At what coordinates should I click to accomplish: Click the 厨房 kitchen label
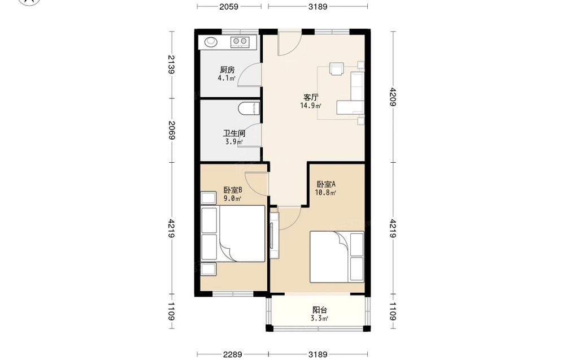[227, 70]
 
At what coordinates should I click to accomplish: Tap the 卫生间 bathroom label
[234, 133]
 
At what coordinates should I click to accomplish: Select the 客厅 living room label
[311, 97]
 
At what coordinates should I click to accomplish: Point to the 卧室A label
[326, 184]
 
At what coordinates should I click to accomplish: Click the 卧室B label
[233, 190]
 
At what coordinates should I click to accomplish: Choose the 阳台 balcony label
[320, 310]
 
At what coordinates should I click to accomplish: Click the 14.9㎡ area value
[311, 106]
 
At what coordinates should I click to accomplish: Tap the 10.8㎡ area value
[325, 192]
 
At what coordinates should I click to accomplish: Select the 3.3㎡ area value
[320, 318]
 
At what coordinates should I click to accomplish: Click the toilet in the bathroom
[249, 109]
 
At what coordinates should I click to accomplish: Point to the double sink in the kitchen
[239, 42]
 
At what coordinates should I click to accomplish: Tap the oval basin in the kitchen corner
[211, 42]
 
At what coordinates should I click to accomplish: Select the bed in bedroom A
[337, 257]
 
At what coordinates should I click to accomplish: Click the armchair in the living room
[337, 69]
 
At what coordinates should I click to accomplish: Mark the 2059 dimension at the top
[229, 6]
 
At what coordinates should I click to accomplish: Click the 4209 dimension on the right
[393, 97]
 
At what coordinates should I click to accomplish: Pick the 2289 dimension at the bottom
[232, 354]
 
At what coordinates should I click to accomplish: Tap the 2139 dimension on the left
[171, 64]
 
